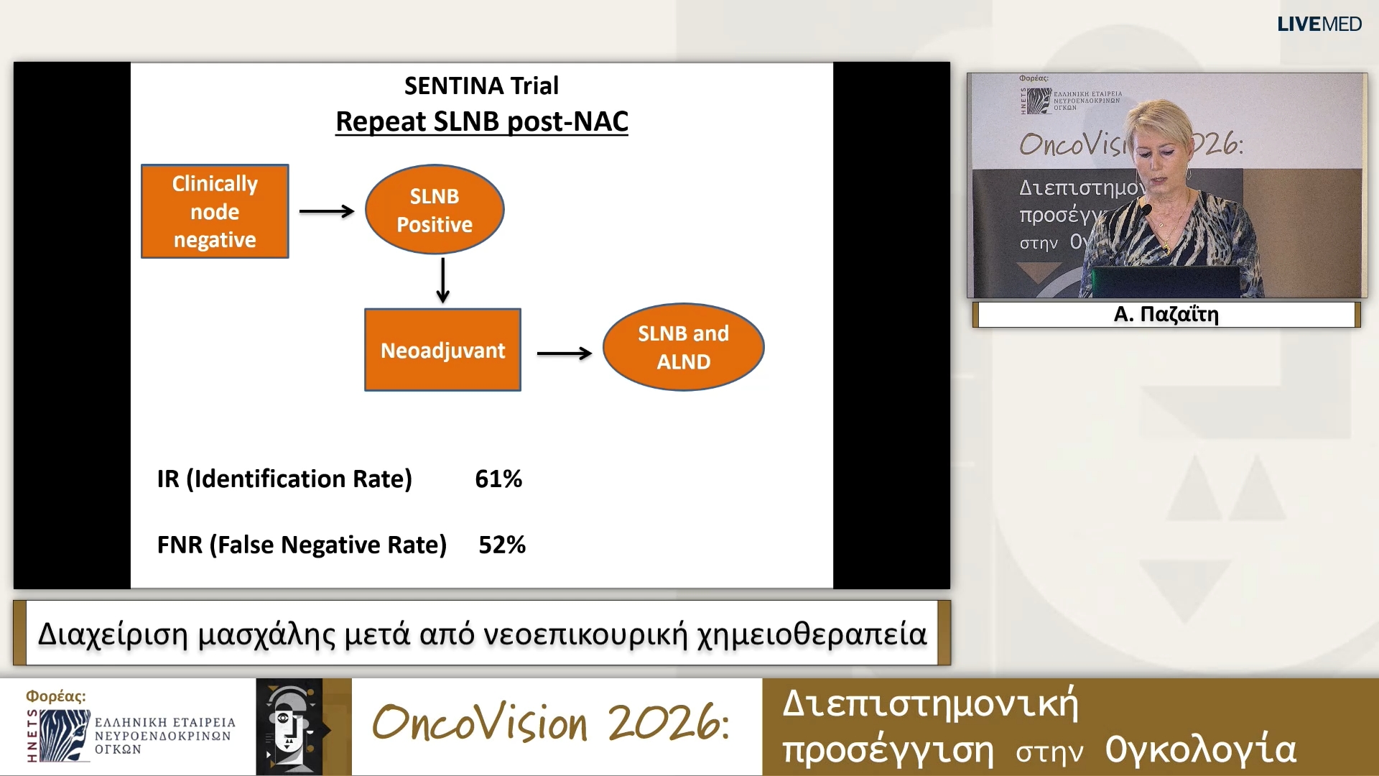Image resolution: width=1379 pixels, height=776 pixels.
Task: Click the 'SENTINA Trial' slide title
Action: (481, 86)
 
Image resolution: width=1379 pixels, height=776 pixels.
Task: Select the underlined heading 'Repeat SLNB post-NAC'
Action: (481, 121)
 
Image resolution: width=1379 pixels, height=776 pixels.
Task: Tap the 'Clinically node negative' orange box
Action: (215, 211)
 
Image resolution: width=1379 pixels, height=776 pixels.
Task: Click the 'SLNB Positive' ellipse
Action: (435, 210)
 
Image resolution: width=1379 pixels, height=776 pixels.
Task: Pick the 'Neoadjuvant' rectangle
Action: (442, 350)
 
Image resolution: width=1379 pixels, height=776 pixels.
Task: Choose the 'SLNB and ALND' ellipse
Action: (683, 347)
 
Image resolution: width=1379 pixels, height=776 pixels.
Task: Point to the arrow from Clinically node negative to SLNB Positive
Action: (327, 211)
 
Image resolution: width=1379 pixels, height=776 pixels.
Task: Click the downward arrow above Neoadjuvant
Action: (443, 280)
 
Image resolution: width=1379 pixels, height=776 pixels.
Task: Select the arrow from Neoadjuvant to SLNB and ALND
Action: (565, 353)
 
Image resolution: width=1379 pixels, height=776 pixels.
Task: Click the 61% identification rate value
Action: (498, 479)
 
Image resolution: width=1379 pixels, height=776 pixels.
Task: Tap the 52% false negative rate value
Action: (502, 545)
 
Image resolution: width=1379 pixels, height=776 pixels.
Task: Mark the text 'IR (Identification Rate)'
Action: (284, 479)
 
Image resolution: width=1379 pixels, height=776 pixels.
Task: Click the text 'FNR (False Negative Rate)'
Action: (302, 545)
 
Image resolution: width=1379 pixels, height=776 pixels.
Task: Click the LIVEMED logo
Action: (1319, 24)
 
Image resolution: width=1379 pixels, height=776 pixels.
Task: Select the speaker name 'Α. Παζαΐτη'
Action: (1166, 315)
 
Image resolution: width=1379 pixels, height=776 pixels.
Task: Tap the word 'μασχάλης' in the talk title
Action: (266, 634)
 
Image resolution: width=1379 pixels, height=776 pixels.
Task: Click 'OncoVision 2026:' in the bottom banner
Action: (551, 723)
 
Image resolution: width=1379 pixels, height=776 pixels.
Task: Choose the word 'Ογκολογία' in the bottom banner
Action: (1200, 750)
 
